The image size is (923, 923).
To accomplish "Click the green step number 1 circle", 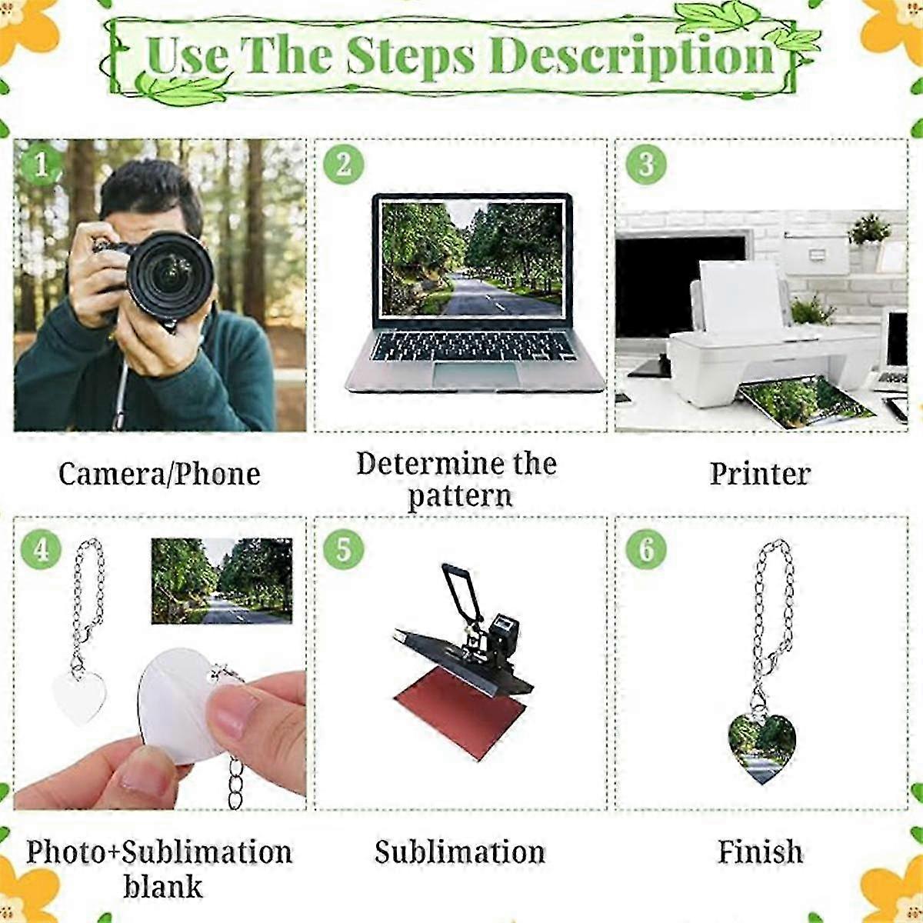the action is (x=41, y=165).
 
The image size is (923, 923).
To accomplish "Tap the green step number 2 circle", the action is (x=343, y=165).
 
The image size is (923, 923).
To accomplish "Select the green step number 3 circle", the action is (x=646, y=165).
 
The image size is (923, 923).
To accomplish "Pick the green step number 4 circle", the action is (x=42, y=549).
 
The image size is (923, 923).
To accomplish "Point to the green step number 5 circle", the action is (x=343, y=549).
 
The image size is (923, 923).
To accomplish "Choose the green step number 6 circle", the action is (x=646, y=549).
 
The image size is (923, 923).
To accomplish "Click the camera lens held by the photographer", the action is (x=170, y=276).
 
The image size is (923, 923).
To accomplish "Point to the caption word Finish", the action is (x=760, y=851).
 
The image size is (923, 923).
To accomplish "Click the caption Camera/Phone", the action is (x=159, y=474).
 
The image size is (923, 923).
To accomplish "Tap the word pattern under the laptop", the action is (x=460, y=496).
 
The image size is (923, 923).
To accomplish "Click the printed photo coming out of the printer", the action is (x=805, y=402).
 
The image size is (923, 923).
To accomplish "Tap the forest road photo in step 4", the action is (x=222, y=581).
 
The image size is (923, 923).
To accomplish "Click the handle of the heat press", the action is (x=463, y=592).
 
